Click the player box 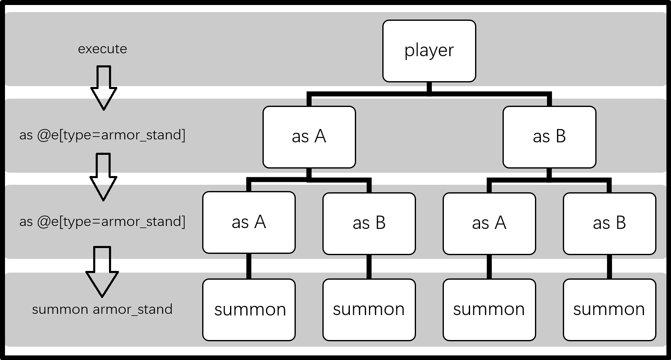click(429, 51)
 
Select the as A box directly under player click(309, 137)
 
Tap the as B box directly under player click(550, 137)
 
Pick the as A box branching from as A click(249, 222)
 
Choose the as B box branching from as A click(369, 223)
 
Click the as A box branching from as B click(489, 223)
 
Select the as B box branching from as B click(609, 223)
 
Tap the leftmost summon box click(249, 310)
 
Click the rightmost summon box click(609, 310)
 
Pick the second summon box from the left click(369, 310)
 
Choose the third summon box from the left click(489, 310)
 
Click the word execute click(102, 49)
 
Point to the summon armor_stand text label click(102, 309)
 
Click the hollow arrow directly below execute click(104, 88)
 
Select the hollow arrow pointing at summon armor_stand click(102, 272)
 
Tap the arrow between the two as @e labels click(103, 177)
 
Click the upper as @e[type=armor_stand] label click(102, 135)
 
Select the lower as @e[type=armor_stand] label click(102, 222)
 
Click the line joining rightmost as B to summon click(609, 267)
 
